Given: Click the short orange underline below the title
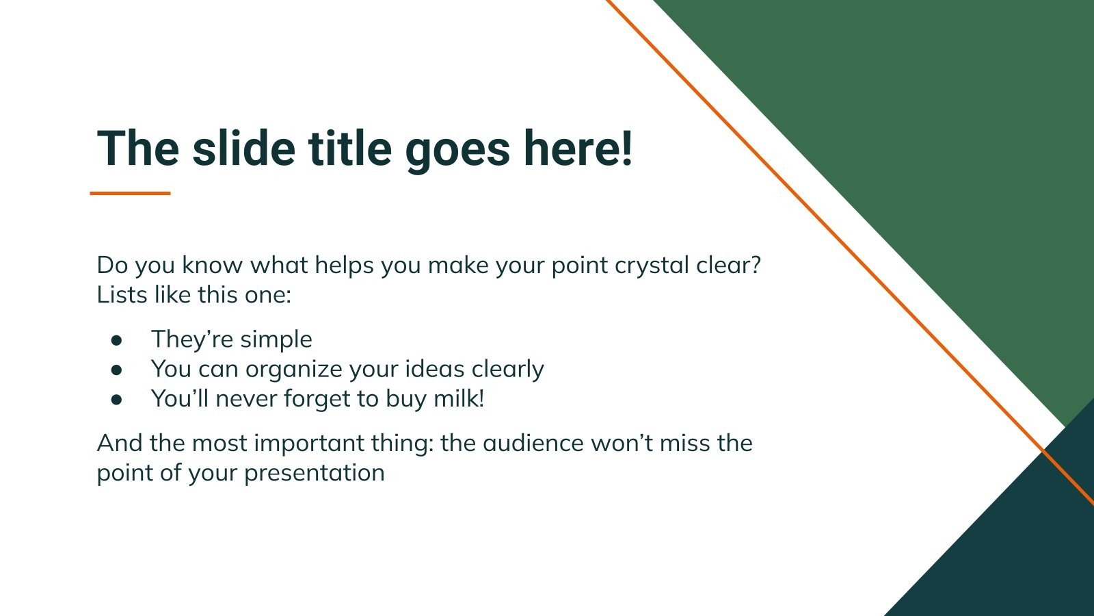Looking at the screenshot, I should [x=130, y=194].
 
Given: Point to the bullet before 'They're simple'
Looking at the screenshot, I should [x=117, y=339].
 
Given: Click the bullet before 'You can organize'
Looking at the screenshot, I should [x=117, y=369].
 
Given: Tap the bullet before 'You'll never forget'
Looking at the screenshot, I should [x=117, y=399].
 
